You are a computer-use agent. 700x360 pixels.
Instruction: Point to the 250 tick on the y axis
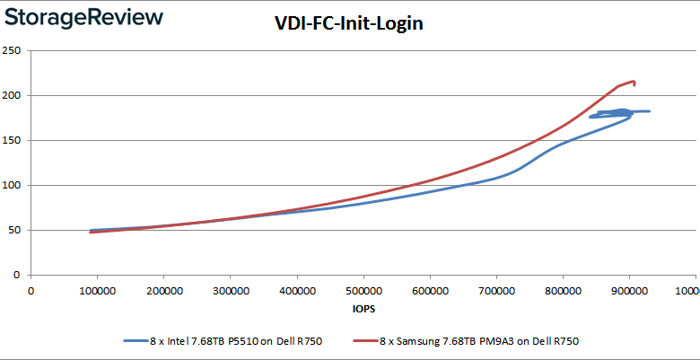click(13, 50)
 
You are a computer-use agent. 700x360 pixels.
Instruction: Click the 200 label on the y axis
click(13, 95)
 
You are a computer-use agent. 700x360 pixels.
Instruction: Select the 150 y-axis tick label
click(13, 140)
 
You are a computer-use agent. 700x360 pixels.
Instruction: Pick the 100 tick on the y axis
click(13, 185)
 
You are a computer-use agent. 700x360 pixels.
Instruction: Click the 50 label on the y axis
click(15, 230)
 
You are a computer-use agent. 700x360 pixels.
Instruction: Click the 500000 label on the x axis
click(363, 290)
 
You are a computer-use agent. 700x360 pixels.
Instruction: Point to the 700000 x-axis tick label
click(495, 290)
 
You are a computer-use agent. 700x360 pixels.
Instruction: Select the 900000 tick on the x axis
click(628, 290)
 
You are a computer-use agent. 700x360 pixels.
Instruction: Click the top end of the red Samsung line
click(634, 82)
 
